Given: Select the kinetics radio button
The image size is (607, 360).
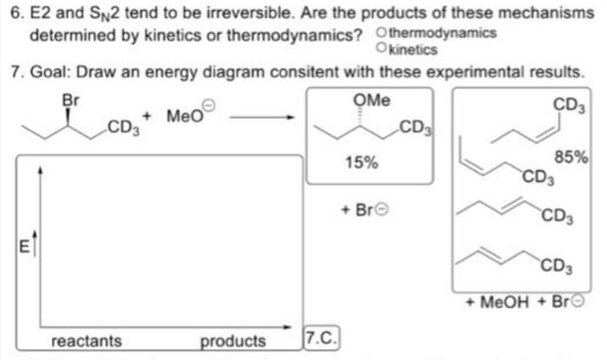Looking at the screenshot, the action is click(383, 49).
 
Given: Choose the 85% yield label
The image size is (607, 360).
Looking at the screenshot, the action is click(572, 158).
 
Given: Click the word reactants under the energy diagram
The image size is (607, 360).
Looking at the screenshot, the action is click(87, 341).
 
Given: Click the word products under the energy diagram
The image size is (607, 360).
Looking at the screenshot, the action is click(233, 341).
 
